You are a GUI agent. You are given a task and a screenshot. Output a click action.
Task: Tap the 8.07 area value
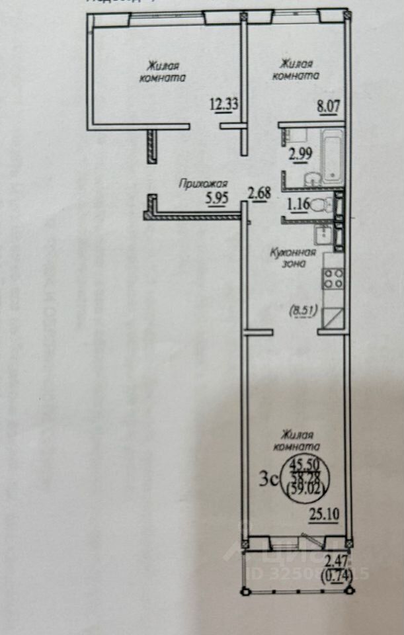click(x=330, y=104)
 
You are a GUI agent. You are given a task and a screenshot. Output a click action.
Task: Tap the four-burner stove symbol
click(x=331, y=279)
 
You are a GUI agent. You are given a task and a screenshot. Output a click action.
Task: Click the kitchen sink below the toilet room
click(x=323, y=233)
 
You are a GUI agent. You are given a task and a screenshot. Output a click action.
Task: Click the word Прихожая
click(x=203, y=185)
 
